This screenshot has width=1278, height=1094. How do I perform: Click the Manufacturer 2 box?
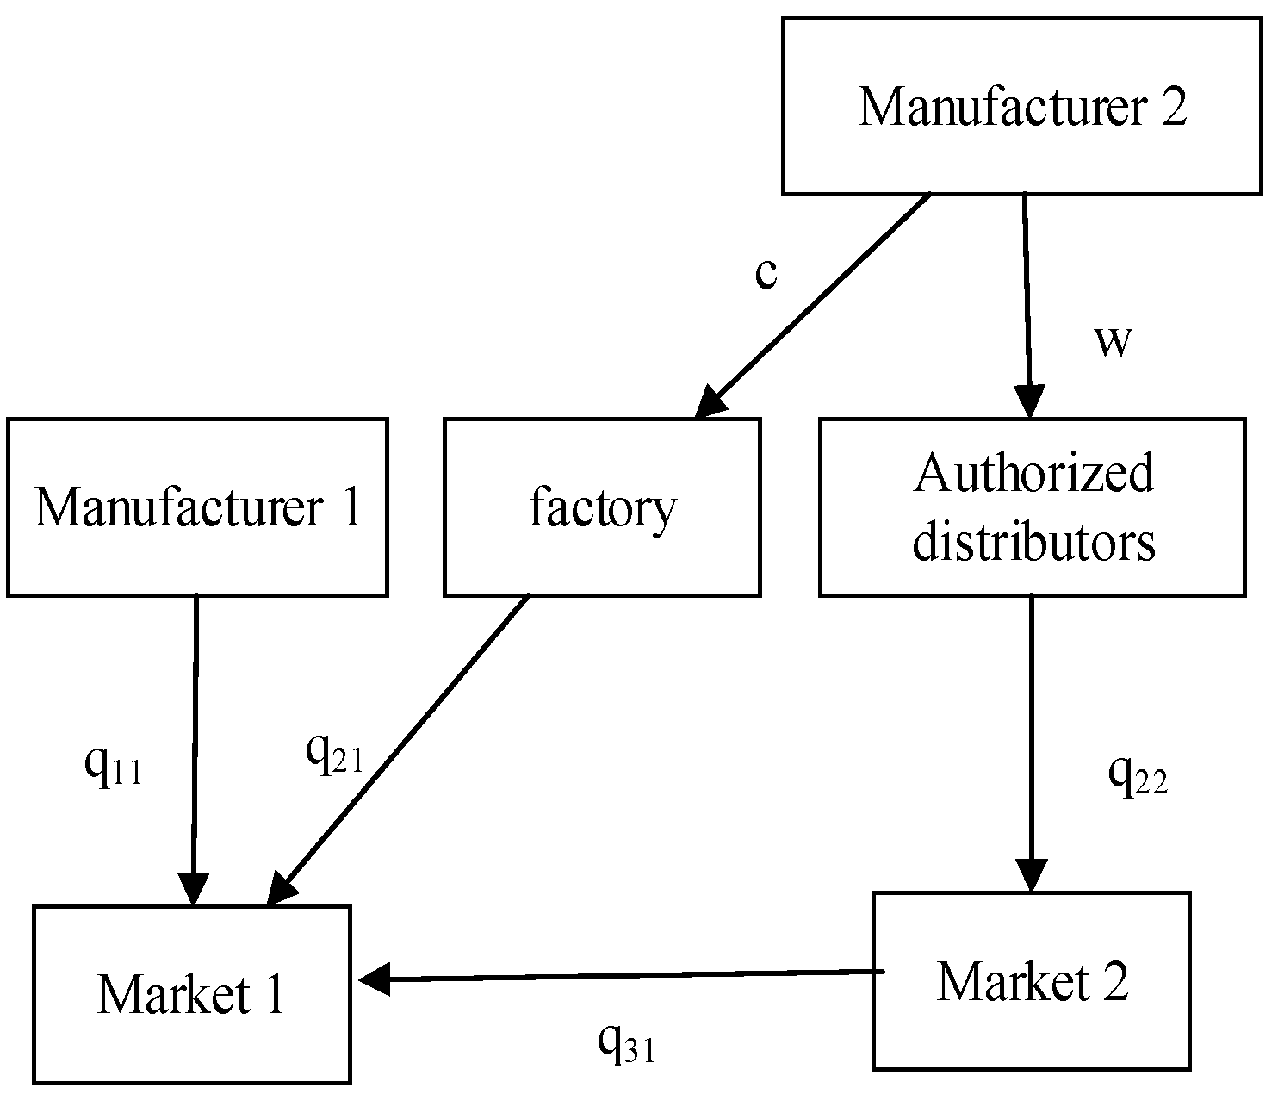coord(1022,106)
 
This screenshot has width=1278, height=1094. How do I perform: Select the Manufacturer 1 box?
coord(197,507)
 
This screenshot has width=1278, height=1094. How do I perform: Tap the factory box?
coord(602,507)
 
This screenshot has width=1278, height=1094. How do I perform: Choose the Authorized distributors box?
coord(1032,507)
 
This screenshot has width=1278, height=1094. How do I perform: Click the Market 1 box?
coord(192,993)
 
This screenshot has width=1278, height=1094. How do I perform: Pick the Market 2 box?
coord(1031,980)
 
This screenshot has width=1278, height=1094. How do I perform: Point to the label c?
coord(766,273)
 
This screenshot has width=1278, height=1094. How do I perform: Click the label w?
coord(1112,341)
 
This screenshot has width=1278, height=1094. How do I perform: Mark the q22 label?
coord(1138,776)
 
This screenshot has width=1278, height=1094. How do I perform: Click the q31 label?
coord(626,1043)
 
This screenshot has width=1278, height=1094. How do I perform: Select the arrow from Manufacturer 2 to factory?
coord(814,306)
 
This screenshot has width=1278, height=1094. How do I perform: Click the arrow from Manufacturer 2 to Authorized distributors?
coord(1027,301)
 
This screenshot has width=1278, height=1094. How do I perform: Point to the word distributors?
coord(1033,543)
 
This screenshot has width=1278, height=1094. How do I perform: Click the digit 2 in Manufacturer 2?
coord(1173,108)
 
